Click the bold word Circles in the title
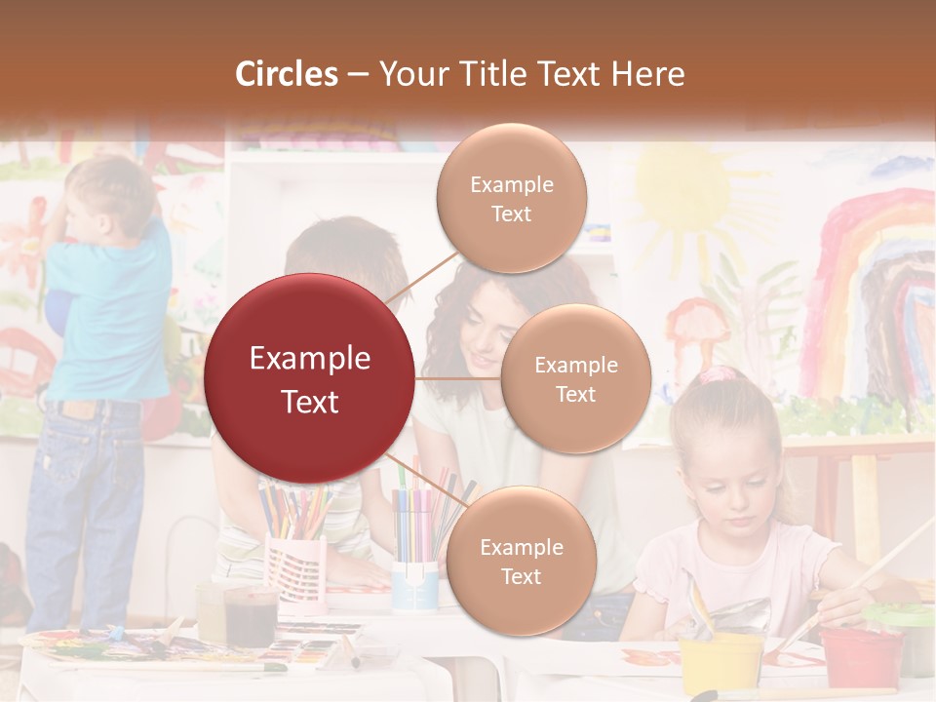pyautogui.click(x=287, y=74)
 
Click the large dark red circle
pyautogui.click(x=309, y=378)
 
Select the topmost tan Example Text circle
pyautogui.click(x=511, y=198)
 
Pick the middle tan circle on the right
pyautogui.click(x=575, y=378)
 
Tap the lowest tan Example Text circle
pyautogui.click(x=520, y=561)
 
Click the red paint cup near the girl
pyautogui.click(x=859, y=656)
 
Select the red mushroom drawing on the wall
pyautogui.click(x=698, y=327)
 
